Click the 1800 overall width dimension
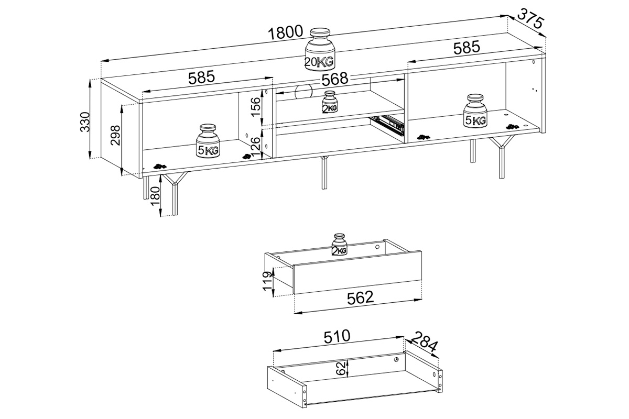[285, 32]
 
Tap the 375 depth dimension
[531, 20]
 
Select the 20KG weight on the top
[319, 49]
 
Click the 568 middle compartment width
[335, 79]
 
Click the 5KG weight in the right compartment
[475, 111]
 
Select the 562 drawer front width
[360, 297]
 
